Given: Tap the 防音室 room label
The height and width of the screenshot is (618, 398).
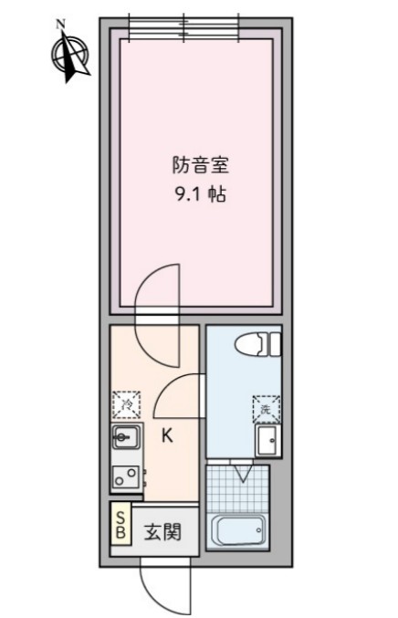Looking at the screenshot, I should (200, 166).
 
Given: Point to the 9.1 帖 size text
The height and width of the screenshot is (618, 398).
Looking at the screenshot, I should (200, 194).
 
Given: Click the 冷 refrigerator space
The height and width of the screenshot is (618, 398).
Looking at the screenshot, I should (126, 402).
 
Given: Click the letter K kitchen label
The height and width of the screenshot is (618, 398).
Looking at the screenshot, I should (167, 436).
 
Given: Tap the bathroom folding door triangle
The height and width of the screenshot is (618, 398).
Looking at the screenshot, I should (242, 473).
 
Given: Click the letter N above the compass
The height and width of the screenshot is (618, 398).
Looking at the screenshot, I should (60, 24).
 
